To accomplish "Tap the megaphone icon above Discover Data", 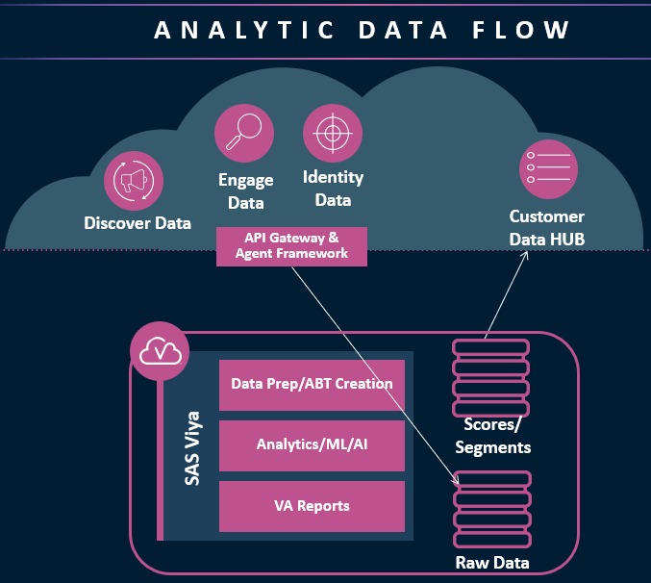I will (x=134, y=181).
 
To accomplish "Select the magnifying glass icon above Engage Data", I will (x=243, y=134).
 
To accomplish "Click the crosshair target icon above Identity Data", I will (x=332, y=133).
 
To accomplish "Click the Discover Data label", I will (x=138, y=223).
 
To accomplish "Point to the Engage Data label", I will (x=244, y=190).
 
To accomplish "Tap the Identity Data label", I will (x=333, y=189).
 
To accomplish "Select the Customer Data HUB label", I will (x=547, y=227).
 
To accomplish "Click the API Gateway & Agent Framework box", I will (x=291, y=246).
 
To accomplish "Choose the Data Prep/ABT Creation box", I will (x=312, y=384).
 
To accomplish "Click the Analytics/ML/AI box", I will (x=312, y=444).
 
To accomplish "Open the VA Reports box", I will (x=312, y=505).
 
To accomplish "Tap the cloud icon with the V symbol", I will (x=157, y=352).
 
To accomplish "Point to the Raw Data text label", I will (x=492, y=563).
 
